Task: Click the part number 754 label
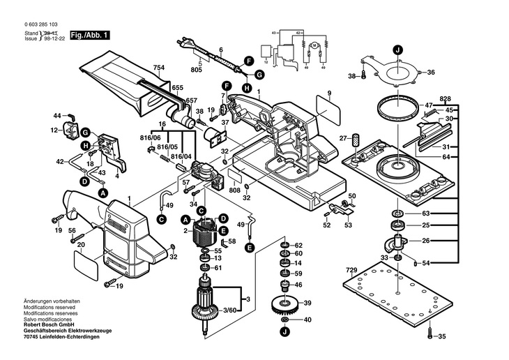160,68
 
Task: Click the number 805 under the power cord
196,70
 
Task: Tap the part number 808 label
234,190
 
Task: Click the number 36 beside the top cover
430,73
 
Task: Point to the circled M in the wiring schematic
314,45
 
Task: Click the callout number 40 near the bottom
307,320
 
